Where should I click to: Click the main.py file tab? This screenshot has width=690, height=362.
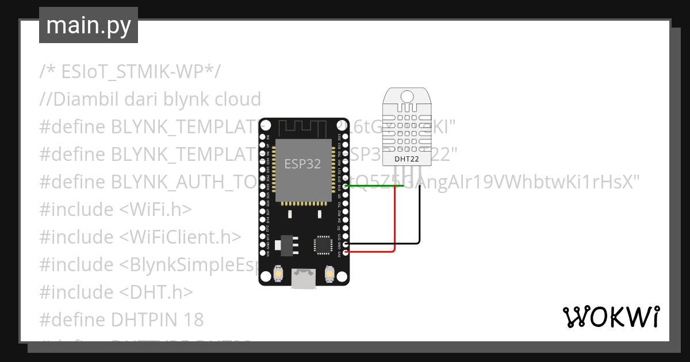point(89,25)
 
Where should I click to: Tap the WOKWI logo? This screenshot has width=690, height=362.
point(611,317)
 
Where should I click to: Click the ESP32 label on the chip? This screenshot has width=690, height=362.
point(302,163)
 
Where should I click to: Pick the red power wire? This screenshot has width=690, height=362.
point(395,224)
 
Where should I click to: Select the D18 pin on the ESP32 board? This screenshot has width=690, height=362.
point(346,187)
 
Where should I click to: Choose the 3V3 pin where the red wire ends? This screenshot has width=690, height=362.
point(346,252)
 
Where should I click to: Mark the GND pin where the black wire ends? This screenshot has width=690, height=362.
point(346,244)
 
